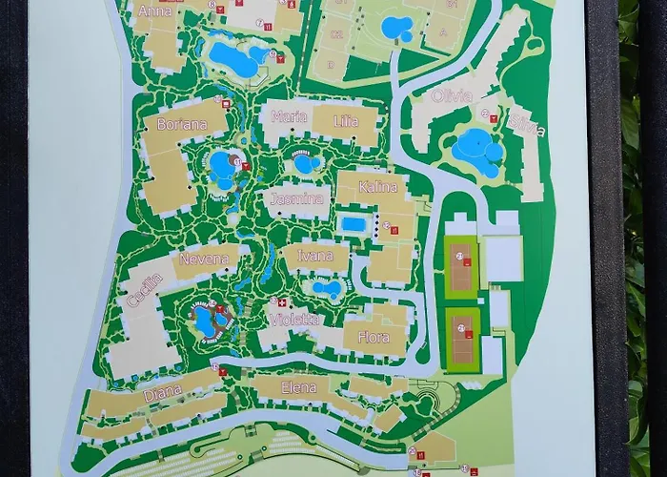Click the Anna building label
pyautogui.click(x=156, y=11)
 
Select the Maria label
pyautogui.click(x=289, y=116)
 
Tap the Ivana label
pyautogui.click(x=314, y=256)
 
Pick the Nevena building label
pyautogui.click(x=203, y=259)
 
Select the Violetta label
pyautogui.click(x=294, y=320)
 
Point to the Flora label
pyautogui.click(x=373, y=337)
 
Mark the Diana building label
pyautogui.click(x=162, y=393)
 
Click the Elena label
pyautogui.click(x=299, y=387)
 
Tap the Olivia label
pyautogui.click(x=452, y=95)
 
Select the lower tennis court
pyautogui.click(x=463, y=338)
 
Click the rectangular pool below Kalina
pyautogui.click(x=353, y=223)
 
